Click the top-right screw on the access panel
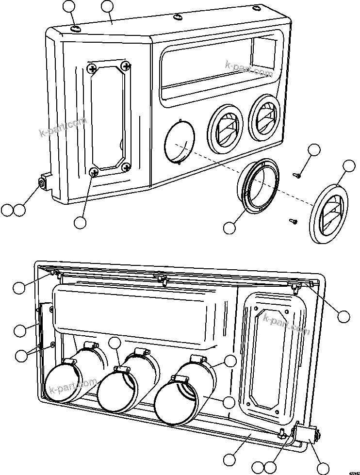126,66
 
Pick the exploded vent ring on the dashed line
259,186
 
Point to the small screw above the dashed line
297,172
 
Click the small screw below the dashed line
292,221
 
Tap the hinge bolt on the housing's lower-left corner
42,184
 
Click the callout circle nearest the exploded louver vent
349,166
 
